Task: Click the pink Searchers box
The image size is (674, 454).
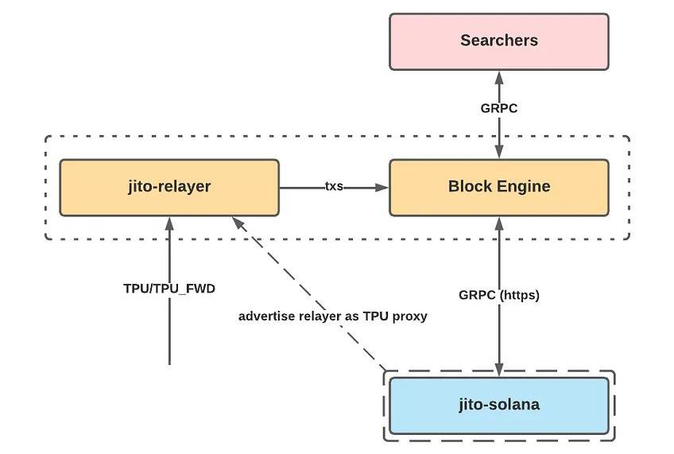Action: tap(498, 41)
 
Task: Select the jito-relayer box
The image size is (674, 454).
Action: tap(169, 187)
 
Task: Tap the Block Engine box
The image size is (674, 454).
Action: tap(498, 187)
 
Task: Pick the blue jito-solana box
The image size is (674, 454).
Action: tap(498, 405)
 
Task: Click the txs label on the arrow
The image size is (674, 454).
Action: tap(334, 187)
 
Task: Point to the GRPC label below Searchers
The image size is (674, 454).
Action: tap(499, 108)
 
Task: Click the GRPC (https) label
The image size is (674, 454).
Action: tap(499, 295)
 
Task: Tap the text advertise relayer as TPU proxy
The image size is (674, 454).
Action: tap(333, 316)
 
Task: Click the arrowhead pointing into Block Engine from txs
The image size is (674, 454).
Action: tap(383, 188)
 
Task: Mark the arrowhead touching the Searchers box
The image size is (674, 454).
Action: tap(499, 76)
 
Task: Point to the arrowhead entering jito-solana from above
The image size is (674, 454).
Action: tap(499, 370)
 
